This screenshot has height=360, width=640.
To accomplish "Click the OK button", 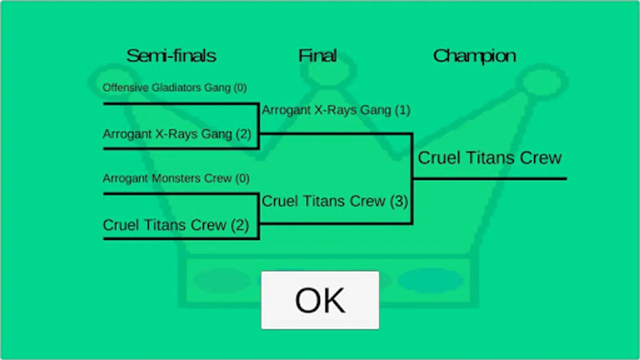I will pyautogui.click(x=320, y=300).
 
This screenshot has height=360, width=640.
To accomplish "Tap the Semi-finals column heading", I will pyautogui.click(x=171, y=56).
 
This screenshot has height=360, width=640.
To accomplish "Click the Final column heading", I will pyautogui.click(x=318, y=56).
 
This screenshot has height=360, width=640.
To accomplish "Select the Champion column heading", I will pyautogui.click(x=474, y=56).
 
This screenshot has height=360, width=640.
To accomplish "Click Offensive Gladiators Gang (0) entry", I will pyautogui.click(x=174, y=88).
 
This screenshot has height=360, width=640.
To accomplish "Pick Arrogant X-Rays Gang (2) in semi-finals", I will pyautogui.click(x=177, y=134).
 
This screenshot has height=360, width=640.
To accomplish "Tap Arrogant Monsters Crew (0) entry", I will pyautogui.click(x=176, y=178).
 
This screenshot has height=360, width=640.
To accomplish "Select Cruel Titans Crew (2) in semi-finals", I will pyautogui.click(x=176, y=225).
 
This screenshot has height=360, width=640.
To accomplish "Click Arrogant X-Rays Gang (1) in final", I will pyautogui.click(x=336, y=110).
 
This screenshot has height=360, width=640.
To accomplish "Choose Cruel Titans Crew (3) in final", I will pyautogui.click(x=335, y=201).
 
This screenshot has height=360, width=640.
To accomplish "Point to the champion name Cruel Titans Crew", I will pyautogui.click(x=490, y=158).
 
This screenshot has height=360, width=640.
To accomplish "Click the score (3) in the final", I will pyautogui.click(x=399, y=201).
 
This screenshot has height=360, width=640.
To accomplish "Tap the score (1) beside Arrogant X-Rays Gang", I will pyautogui.click(x=402, y=110).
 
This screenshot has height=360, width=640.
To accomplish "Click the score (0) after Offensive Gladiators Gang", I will pyautogui.click(x=240, y=88).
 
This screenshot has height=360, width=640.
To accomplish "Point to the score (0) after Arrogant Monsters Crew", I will pyautogui.click(x=242, y=178).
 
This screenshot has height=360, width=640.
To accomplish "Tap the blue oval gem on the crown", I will pyautogui.click(x=430, y=280).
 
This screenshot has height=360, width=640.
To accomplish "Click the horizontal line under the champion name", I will pyautogui.click(x=490, y=179).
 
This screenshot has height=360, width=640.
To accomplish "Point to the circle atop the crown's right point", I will pyautogui.click(x=542, y=82).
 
